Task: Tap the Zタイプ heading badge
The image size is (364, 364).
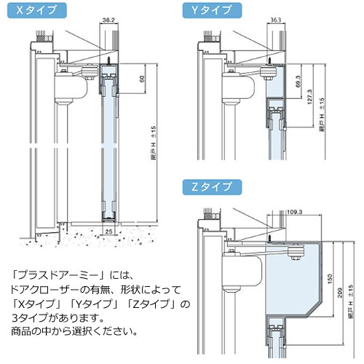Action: pos(211,188)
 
